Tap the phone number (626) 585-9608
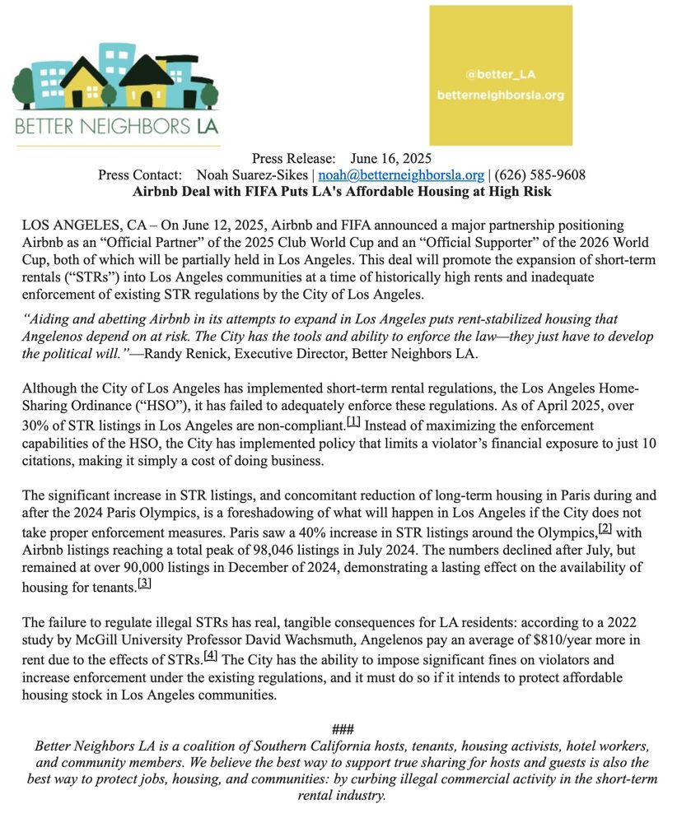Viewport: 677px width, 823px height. [x=539, y=175]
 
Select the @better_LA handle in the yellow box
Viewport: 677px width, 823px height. [x=501, y=74]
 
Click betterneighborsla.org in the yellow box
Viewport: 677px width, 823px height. [x=501, y=95]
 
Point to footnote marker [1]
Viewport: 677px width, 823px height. [x=354, y=422]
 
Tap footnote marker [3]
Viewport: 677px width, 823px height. [x=144, y=583]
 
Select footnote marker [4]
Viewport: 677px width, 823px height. [x=210, y=656]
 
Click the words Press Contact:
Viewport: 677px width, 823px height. [x=139, y=175]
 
